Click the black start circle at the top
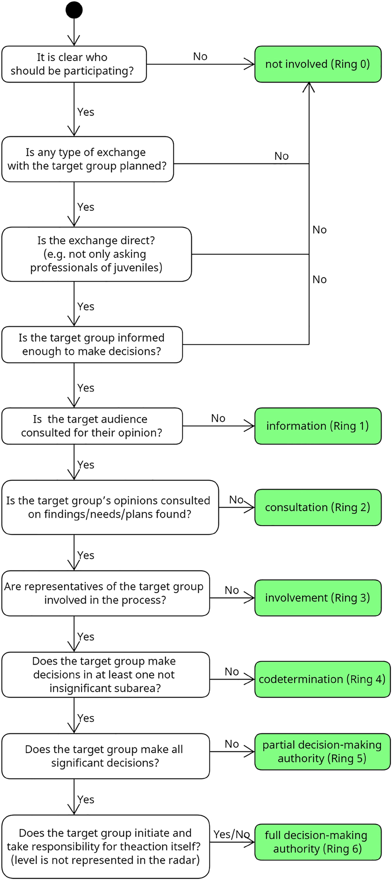tap(74, 10)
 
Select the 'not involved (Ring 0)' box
tap(318, 64)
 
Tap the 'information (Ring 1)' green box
tap(318, 426)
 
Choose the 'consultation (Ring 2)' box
tap(318, 507)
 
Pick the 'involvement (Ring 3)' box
tap(318, 598)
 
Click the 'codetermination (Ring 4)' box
tap(322, 679)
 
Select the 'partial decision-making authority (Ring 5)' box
tap(322, 751)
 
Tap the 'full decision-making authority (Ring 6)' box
tap(318, 842)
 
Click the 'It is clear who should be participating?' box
tap(74, 64)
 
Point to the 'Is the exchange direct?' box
tap(96, 254)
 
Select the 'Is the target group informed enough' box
tap(92, 345)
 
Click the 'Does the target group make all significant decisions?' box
tap(105, 756)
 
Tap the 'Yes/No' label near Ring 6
tap(231, 834)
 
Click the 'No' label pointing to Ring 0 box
tap(200, 56)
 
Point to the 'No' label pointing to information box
tap(218, 418)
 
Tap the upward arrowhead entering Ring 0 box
tap(309, 86)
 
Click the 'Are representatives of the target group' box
tap(105, 593)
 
